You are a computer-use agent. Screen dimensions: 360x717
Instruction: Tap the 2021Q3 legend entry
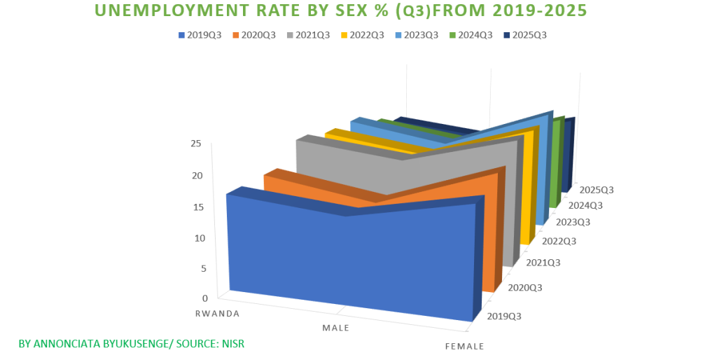pyautogui.click(x=314, y=35)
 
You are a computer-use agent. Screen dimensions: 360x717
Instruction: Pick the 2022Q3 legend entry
pyautogui.click(x=367, y=35)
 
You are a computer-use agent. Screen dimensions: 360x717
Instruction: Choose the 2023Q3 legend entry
pyautogui.click(x=422, y=35)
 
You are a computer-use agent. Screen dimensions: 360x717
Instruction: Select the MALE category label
pyautogui.click(x=335, y=328)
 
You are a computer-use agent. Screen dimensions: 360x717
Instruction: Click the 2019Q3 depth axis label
pyautogui.click(x=503, y=316)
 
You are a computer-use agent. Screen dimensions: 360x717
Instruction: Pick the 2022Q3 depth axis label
pyautogui.click(x=559, y=242)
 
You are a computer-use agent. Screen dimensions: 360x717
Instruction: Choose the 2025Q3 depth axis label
pyautogui.click(x=597, y=190)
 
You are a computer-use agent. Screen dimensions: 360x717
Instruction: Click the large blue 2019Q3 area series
pyautogui.click(x=350, y=259)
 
